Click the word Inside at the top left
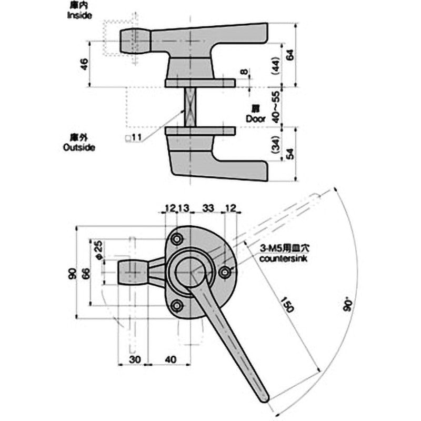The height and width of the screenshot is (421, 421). tap(79, 16)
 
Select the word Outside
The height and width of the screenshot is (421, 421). tap(79, 147)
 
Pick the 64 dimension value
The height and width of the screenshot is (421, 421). tap(288, 54)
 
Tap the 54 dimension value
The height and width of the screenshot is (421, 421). tap(288, 154)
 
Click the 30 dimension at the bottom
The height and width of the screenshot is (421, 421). tap(134, 359)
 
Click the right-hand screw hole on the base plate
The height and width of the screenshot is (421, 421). tap(225, 273)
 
